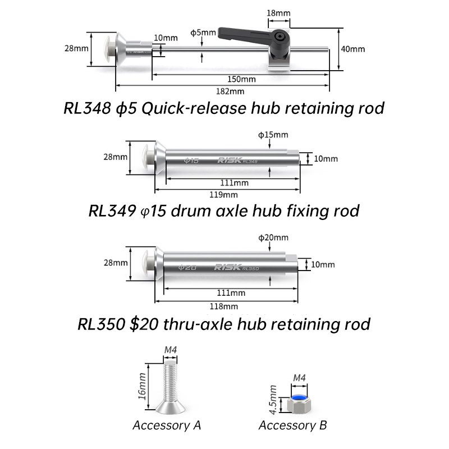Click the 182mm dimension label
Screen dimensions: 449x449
230,91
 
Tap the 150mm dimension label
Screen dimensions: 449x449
241,79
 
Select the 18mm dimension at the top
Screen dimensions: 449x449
278,13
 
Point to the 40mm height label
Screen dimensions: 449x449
353,49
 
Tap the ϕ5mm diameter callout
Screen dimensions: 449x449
203,33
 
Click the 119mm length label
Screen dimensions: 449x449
223,195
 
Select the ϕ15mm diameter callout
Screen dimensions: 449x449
273,135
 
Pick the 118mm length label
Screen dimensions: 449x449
223,306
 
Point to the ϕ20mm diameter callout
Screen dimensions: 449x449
273,237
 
